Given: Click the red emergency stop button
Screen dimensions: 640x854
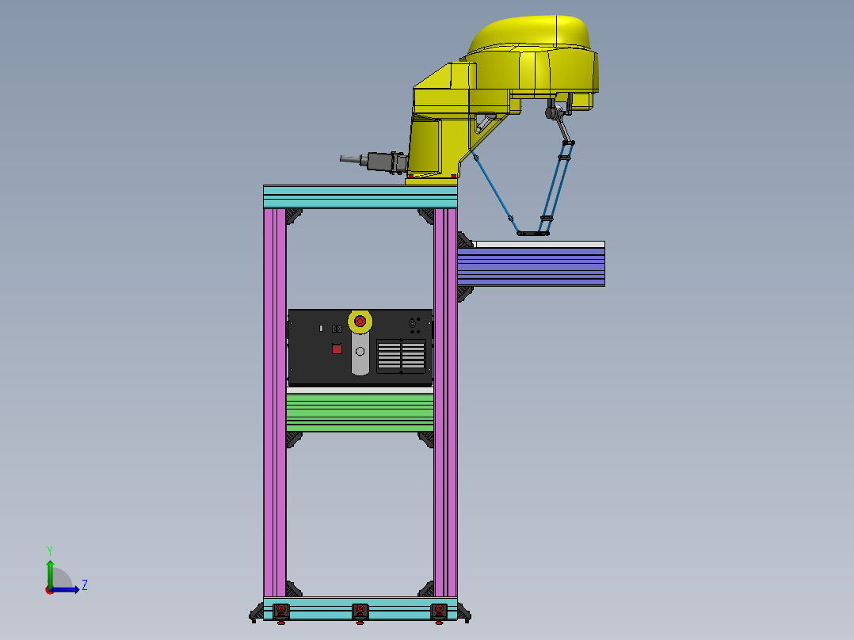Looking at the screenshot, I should tap(360, 321).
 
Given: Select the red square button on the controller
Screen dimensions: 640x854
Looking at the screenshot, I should tap(337, 349).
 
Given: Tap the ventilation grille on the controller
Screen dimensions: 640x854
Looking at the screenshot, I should tap(401, 356).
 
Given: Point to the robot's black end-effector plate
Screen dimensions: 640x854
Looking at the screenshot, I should tap(532, 233).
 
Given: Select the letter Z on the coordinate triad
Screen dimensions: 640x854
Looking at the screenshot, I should tap(84, 585).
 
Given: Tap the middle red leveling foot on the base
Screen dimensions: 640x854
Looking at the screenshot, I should tap(360, 611).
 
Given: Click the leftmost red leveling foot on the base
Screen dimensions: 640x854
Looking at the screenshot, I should tap(280, 611).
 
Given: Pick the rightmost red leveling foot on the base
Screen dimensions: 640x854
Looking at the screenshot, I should tap(437, 611).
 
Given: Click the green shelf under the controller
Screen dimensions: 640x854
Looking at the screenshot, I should tap(360, 412).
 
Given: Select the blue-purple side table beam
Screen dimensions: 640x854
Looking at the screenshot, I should tap(531, 267).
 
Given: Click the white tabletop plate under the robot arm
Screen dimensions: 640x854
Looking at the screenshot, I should tap(539, 244).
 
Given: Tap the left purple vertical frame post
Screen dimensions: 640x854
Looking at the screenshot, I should tap(274, 396).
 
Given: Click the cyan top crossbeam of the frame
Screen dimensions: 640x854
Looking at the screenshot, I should tap(360, 196).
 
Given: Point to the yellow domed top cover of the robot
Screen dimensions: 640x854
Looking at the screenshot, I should tap(531, 35).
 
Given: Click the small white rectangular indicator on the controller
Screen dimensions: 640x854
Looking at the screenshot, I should tap(321, 328).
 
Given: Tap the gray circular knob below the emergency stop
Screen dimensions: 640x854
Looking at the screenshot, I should tap(360, 351).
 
